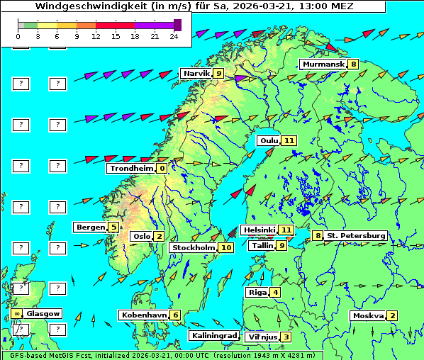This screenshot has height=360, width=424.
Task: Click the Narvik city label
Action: [x=196, y=73]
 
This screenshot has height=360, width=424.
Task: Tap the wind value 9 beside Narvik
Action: [x=218, y=73]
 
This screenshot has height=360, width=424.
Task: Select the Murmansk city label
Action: [x=323, y=64]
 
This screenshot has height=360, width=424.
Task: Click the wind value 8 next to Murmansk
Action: [x=352, y=64]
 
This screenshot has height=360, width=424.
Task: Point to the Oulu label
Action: [x=268, y=140]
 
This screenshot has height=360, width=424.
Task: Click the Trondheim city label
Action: [x=131, y=168]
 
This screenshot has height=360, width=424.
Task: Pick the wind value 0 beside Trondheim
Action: [x=162, y=168]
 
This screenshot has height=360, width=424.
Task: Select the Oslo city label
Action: [x=140, y=236]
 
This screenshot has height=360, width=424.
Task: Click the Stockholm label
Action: [x=194, y=247]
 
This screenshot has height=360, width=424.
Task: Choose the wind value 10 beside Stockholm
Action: [x=226, y=247]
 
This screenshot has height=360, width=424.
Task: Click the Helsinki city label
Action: [x=258, y=230]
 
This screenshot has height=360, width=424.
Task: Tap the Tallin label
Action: [x=262, y=245]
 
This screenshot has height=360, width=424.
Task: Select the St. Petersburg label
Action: [x=356, y=235]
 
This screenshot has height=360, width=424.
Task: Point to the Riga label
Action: [x=256, y=292]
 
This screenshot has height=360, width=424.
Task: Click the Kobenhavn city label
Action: [x=144, y=315]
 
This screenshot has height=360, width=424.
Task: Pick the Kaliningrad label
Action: [x=213, y=335]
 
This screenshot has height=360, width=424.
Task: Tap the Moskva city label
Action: [x=368, y=315]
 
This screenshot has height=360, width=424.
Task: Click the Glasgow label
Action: [x=43, y=313]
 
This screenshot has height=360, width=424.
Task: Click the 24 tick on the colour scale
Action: [x=174, y=35]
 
